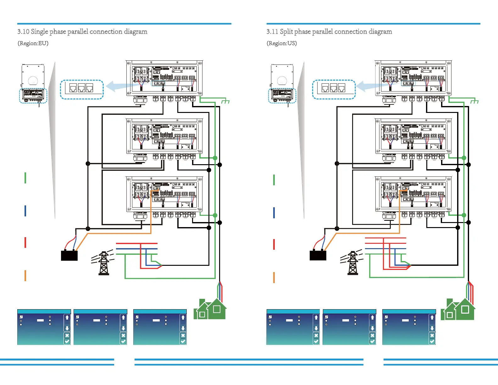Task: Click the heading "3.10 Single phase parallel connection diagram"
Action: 82,31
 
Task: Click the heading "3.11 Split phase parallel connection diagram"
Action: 329,31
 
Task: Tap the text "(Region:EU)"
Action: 33,43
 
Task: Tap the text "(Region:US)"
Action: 282,43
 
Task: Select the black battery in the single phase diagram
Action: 69,255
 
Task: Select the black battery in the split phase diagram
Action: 318,255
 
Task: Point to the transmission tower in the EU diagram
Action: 103,263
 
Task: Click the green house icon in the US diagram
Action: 459,310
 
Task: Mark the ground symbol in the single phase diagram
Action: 225,101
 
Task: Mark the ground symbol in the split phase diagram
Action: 474,101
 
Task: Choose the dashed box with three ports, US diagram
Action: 334,90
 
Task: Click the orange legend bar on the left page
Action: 25,276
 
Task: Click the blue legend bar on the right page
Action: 274,213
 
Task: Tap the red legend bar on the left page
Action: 25,243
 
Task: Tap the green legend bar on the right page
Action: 274,180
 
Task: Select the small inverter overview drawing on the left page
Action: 33,83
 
